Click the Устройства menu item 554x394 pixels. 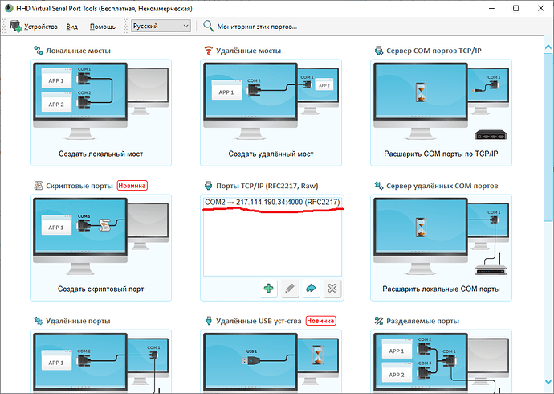(34, 27)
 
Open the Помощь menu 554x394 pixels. (103, 27)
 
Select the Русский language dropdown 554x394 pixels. (161, 26)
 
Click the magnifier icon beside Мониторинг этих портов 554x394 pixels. (208, 26)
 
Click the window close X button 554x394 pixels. (540, 8)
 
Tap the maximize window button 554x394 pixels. (515, 8)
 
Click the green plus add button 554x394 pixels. (268, 288)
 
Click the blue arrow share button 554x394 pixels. (311, 288)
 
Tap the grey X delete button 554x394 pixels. (332, 288)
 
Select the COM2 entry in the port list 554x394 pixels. (272, 202)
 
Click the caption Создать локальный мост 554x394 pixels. (100, 154)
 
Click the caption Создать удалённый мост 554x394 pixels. (271, 154)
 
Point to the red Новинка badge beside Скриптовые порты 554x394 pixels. (132, 186)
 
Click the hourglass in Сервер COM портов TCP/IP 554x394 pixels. (421, 92)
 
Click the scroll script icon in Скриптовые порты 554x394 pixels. (104, 225)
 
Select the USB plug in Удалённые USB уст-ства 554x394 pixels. (251, 361)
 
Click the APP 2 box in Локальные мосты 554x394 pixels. (56, 102)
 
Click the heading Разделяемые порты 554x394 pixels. (422, 321)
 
